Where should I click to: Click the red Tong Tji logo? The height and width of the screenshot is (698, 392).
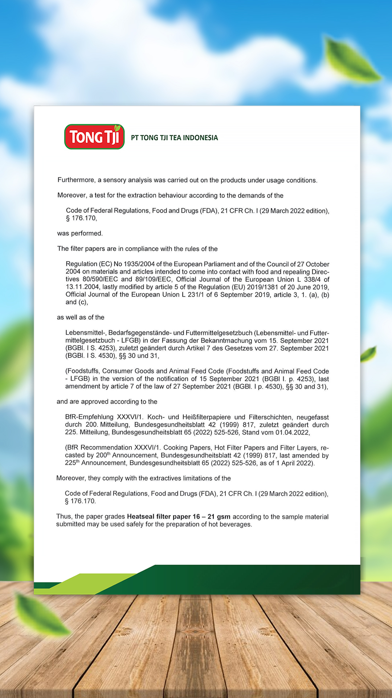[x=94, y=137]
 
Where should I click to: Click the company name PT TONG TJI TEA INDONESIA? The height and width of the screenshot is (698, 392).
[x=174, y=138]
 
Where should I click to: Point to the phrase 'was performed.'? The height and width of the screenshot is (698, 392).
[x=80, y=233]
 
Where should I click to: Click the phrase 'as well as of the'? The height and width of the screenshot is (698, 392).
[x=80, y=317]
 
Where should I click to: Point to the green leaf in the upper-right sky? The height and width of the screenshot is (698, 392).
[x=350, y=60]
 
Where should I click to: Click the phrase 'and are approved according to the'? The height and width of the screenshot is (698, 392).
[x=107, y=402]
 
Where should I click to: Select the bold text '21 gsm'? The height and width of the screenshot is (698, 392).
[x=219, y=517]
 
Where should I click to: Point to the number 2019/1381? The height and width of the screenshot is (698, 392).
[x=262, y=287]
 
